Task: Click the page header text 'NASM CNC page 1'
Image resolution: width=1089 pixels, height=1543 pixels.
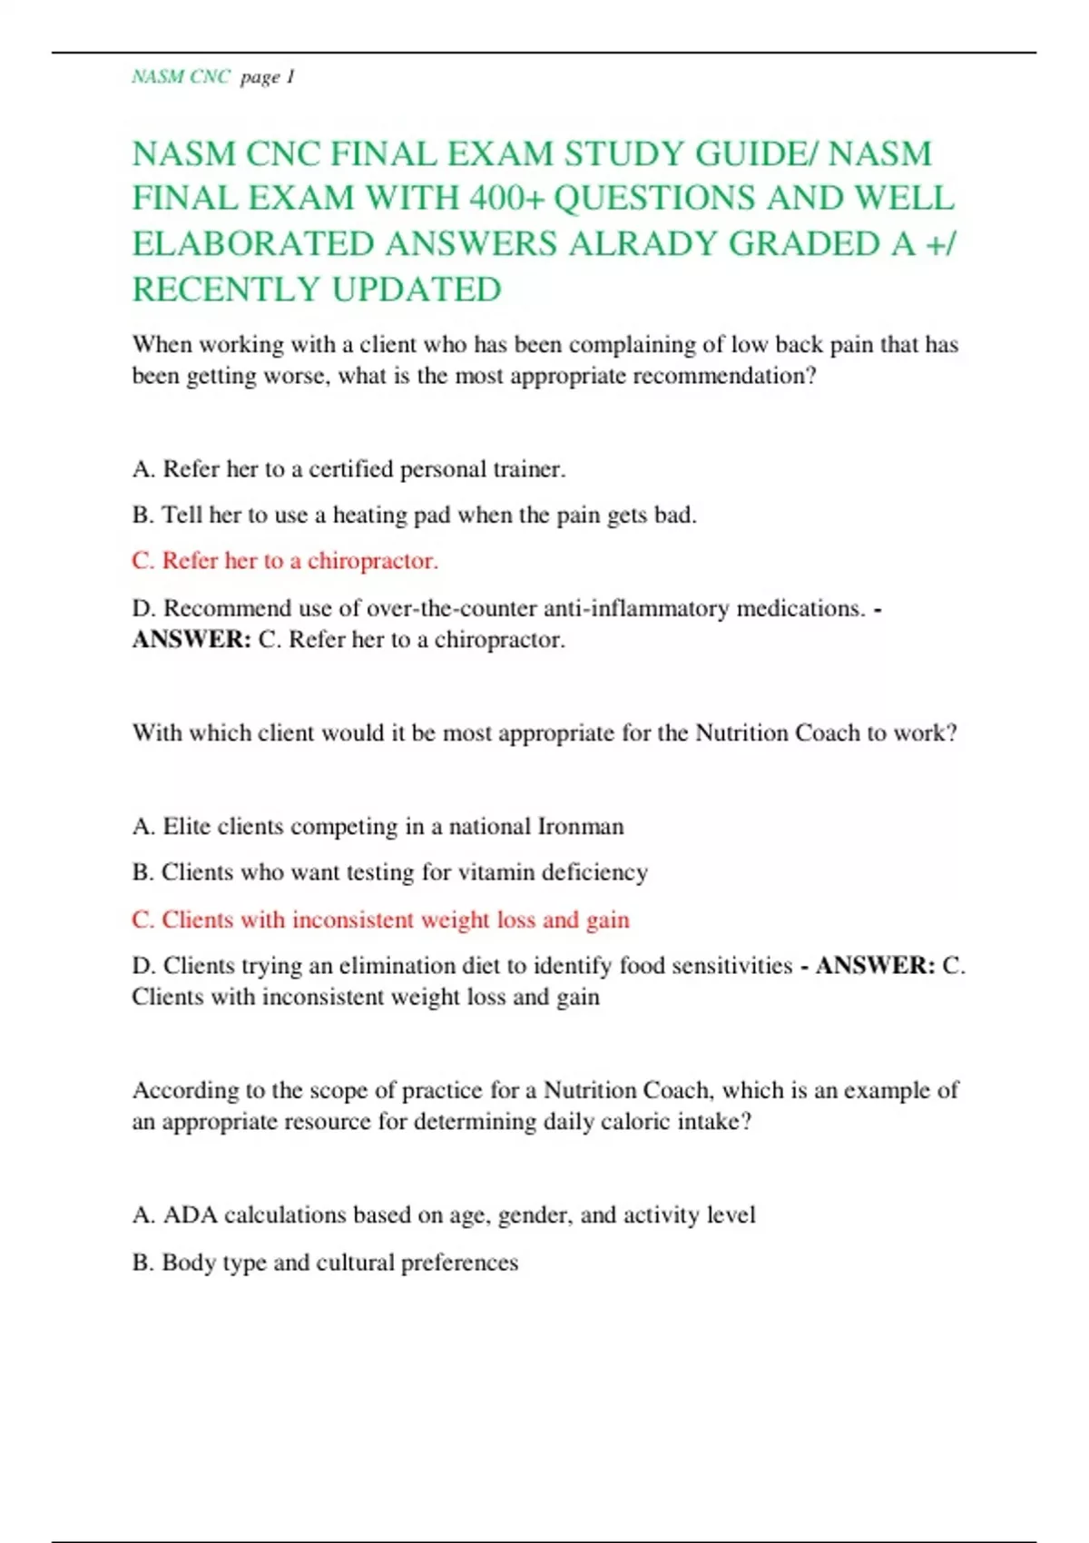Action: click(x=213, y=77)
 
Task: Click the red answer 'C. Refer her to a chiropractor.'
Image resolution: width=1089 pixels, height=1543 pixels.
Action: click(x=285, y=561)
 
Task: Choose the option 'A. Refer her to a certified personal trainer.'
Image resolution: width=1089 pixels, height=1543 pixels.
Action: click(x=348, y=469)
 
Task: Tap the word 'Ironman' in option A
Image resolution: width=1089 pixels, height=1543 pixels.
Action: click(x=581, y=827)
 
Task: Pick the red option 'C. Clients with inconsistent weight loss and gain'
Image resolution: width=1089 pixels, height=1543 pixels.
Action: click(x=380, y=920)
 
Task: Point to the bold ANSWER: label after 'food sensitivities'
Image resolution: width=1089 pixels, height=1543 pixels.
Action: click(x=875, y=966)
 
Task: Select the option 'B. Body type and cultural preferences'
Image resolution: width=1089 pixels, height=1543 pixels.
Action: click(x=325, y=1263)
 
